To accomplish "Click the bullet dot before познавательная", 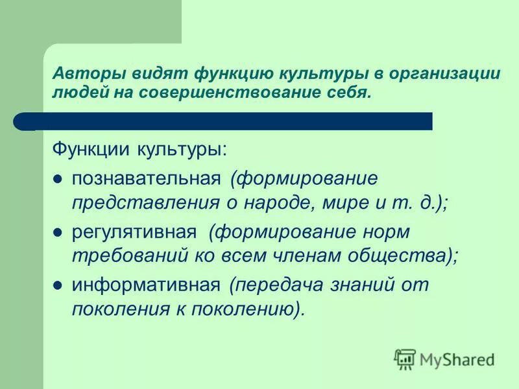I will point(58,178).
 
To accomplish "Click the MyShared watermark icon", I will point(405,358).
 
